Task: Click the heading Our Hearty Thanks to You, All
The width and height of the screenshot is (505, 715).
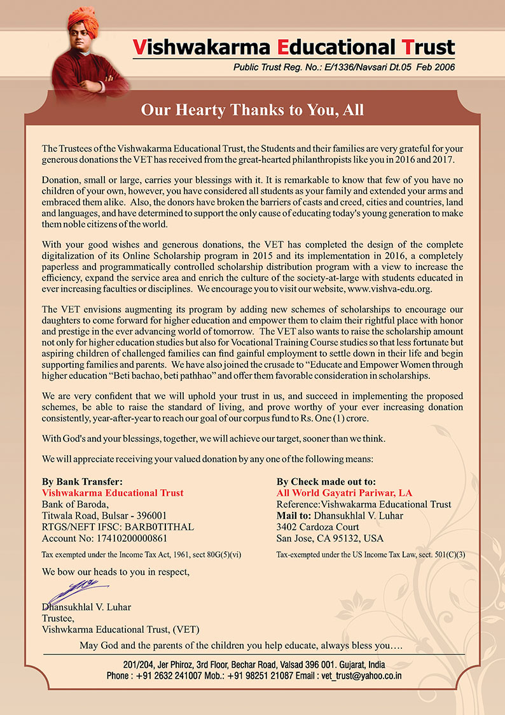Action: (253, 110)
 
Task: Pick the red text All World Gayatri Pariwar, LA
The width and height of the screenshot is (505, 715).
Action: (344, 493)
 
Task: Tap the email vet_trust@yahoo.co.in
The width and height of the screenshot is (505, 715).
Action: (361, 676)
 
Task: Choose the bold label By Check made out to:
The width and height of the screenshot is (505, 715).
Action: (326, 482)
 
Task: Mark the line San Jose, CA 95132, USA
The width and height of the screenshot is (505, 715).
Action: (326, 539)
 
